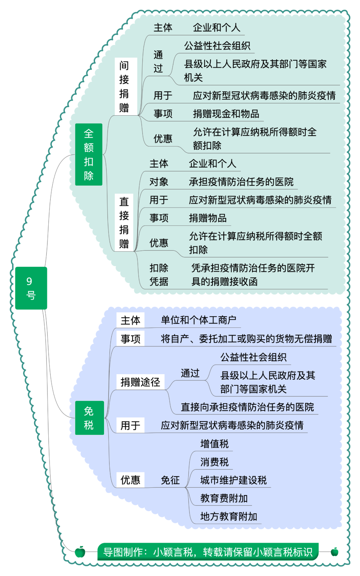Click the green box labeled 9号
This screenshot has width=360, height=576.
(x=31, y=288)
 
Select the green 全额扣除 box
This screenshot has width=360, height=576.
(x=89, y=155)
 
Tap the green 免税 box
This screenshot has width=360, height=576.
(x=89, y=418)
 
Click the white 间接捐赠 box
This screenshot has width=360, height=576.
(x=126, y=87)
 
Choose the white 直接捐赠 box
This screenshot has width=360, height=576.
(x=124, y=223)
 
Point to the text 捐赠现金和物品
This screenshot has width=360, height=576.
(x=226, y=114)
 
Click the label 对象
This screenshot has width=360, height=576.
(x=159, y=182)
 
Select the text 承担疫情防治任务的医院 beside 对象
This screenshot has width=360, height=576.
(x=241, y=182)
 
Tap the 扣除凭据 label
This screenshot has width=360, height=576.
(x=159, y=275)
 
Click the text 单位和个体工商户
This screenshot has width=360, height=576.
(x=199, y=320)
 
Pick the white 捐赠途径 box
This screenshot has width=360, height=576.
(x=140, y=382)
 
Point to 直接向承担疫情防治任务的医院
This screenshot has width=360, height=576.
(x=247, y=407)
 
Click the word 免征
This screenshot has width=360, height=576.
(x=170, y=480)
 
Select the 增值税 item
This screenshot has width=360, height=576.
(x=215, y=444)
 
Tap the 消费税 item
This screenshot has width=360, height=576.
(x=215, y=462)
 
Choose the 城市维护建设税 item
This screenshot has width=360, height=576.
(x=233, y=480)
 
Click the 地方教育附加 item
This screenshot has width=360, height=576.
(x=229, y=516)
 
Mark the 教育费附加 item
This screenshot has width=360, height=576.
(x=224, y=498)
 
